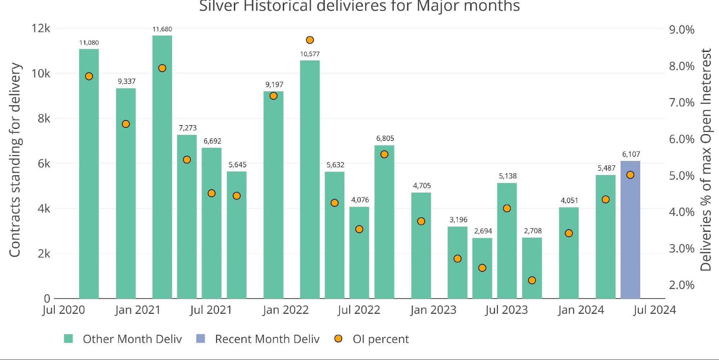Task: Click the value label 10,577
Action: pyautogui.click(x=310, y=54)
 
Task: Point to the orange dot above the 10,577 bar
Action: pyautogui.click(x=310, y=40)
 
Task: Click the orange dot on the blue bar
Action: pyautogui.click(x=630, y=175)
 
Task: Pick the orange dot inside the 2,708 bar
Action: pyautogui.click(x=532, y=280)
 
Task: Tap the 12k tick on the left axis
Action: pyautogui.click(x=41, y=28)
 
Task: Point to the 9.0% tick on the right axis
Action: pyautogui.click(x=682, y=30)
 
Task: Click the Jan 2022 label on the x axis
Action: pyautogui.click(x=285, y=310)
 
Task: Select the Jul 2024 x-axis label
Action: pyautogui.click(x=654, y=310)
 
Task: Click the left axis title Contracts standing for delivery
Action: pyautogui.click(x=15, y=160)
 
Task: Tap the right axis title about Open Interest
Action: pyautogui.click(x=706, y=160)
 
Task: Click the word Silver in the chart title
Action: pyautogui.click(x=219, y=6)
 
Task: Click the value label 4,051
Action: pyautogui.click(x=569, y=201)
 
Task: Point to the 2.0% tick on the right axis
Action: pyautogui.click(x=682, y=285)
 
